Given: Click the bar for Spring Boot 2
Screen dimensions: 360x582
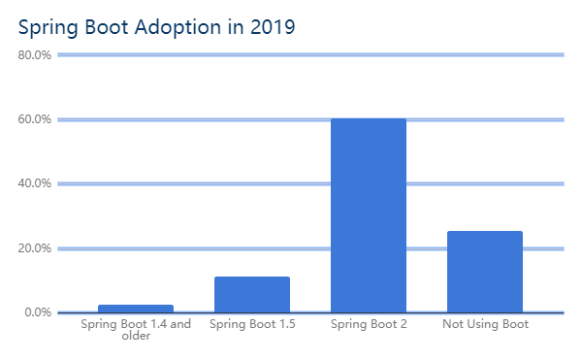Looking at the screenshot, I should [x=368, y=214].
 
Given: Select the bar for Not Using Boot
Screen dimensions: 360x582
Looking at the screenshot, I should [x=484, y=271].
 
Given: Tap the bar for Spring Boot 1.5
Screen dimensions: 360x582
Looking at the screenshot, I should [x=251, y=294].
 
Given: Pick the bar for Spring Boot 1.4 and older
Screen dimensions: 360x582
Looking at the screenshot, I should [x=136, y=308].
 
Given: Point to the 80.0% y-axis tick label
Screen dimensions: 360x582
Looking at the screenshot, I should [x=35, y=55].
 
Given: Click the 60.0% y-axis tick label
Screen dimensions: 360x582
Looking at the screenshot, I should [x=35, y=119].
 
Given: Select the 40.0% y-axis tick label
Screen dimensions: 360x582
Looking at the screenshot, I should [x=35, y=183].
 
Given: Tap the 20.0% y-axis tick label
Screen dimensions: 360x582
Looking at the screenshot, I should [x=35, y=248].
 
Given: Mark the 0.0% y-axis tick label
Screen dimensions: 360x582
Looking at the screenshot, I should [x=38, y=312].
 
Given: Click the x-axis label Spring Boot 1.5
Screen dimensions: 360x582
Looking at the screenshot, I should [x=252, y=324].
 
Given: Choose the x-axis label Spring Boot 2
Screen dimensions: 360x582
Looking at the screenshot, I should [x=369, y=324].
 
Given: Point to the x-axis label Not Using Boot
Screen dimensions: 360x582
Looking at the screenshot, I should [x=485, y=324].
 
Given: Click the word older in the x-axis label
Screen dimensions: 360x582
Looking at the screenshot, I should [x=136, y=336].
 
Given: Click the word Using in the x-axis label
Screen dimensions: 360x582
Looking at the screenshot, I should [x=484, y=324].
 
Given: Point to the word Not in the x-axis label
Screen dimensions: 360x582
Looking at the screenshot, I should [x=453, y=324].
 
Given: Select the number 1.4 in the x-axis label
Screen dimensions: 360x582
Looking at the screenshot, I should [x=155, y=324].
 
